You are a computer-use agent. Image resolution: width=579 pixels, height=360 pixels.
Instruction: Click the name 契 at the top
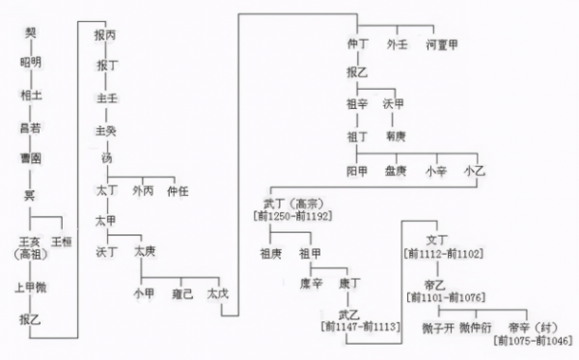pos(31,34)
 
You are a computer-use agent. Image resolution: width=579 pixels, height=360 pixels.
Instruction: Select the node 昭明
pos(31,64)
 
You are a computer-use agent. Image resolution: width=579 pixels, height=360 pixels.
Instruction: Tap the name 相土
pos(31,96)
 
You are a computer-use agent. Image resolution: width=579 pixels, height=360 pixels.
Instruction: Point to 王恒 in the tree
pos(63,240)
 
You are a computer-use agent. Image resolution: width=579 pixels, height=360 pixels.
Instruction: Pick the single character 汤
pos(106,158)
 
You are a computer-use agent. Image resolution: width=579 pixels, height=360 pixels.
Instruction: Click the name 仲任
pos(179,190)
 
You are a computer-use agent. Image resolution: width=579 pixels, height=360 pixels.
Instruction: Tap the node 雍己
pos(182,292)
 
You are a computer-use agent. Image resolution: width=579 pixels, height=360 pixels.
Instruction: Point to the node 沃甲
pos(394,103)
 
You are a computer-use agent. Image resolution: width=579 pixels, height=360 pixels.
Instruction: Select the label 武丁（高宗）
pos(291,206)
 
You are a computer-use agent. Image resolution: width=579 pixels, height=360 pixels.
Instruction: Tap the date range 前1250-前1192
pos(291,218)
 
